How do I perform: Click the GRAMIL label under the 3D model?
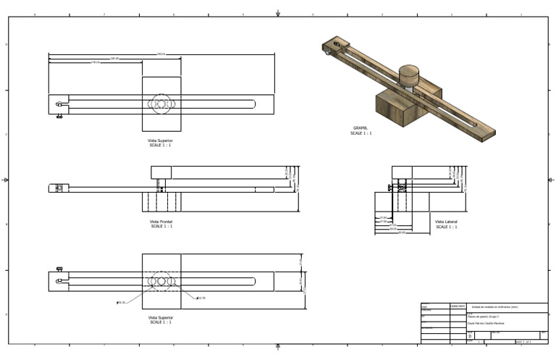(361, 128)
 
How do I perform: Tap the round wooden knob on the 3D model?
(409, 74)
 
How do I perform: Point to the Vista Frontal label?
(161, 222)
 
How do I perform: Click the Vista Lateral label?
(446, 222)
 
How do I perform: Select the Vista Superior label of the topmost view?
(160, 141)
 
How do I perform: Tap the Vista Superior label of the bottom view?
(160, 317)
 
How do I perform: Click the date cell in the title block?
(458, 306)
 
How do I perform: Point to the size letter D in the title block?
(470, 336)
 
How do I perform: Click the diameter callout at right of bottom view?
(201, 298)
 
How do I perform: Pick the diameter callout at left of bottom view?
(121, 303)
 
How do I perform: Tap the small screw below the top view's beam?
(59, 114)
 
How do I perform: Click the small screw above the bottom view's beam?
(59, 269)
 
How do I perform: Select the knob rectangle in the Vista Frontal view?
(161, 172)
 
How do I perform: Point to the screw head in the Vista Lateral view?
(389, 188)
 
